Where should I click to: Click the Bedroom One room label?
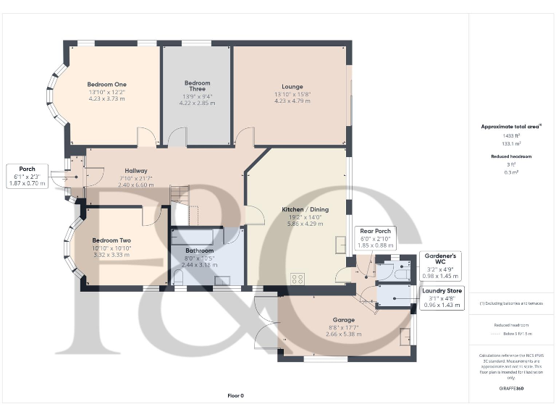106,83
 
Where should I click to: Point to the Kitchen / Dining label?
305,209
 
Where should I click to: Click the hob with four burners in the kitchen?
297,278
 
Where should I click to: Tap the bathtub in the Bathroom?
193,237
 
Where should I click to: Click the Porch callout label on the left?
28,169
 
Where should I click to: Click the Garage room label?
342,319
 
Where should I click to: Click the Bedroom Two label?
111,240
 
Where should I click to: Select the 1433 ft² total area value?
511,135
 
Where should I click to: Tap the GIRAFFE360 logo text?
511,389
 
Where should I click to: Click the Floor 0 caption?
236,395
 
